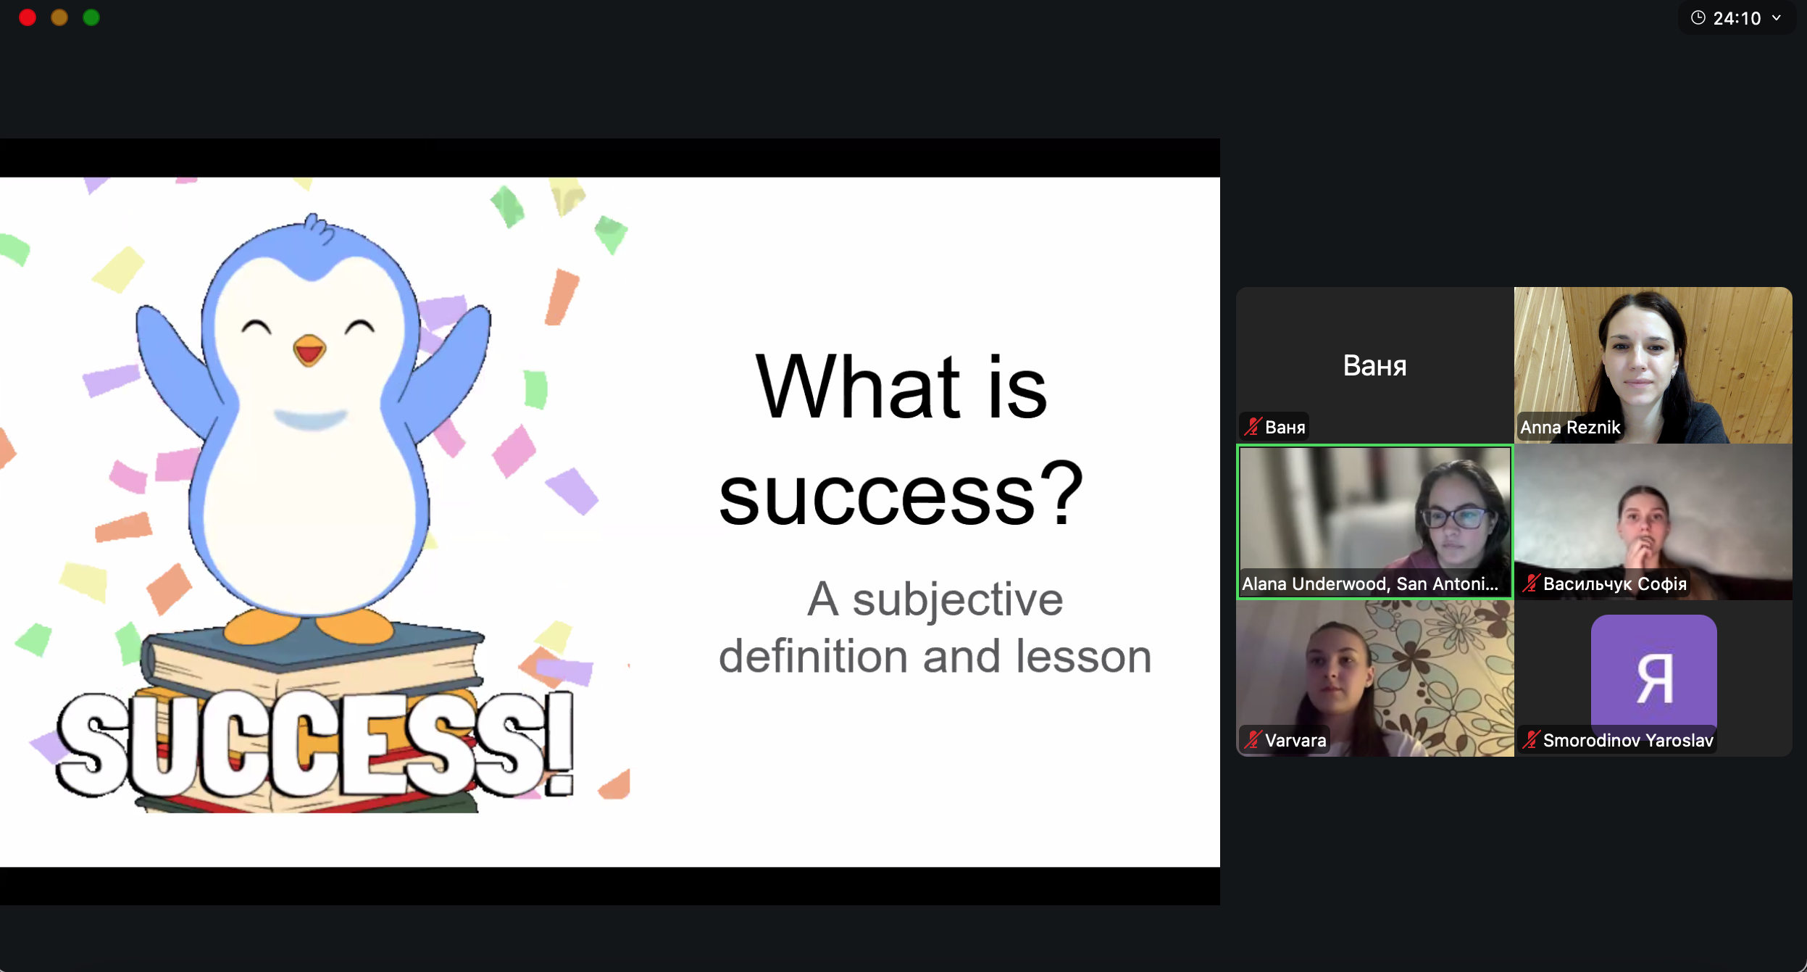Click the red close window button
coord(28,17)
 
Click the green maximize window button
coord(91,17)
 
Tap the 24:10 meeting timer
coord(1737,18)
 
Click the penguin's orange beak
coord(309,351)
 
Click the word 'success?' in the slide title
coord(901,495)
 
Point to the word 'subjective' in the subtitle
coord(957,600)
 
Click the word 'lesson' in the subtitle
coord(1084,657)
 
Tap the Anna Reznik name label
coord(1570,428)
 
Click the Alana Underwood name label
coord(1369,584)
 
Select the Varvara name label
coord(1295,741)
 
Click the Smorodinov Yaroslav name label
coord(1628,741)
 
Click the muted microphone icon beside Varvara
coord(1253,740)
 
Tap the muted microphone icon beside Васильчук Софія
coord(1531,583)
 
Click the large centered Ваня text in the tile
coord(1374,366)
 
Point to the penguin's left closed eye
coord(256,327)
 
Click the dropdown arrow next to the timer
coord(1777,18)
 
